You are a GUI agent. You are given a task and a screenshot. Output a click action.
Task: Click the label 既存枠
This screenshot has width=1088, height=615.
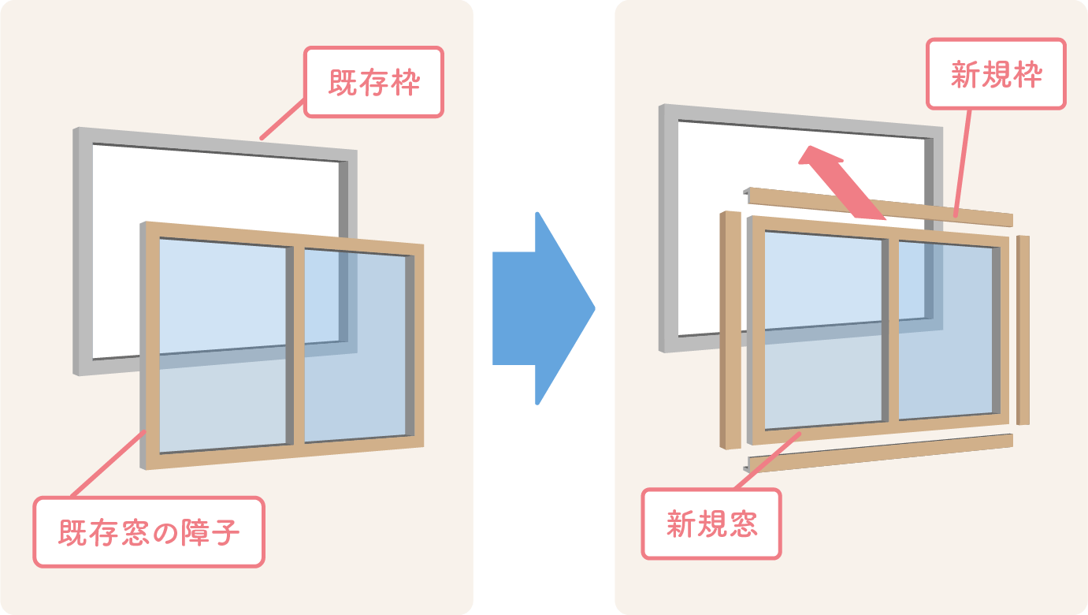[374, 83]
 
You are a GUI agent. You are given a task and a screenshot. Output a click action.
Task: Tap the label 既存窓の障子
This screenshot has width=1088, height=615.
[149, 532]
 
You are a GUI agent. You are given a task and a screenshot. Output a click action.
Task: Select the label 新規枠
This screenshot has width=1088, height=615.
[997, 74]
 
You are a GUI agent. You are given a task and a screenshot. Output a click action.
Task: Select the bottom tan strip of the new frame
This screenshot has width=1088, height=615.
[878, 453]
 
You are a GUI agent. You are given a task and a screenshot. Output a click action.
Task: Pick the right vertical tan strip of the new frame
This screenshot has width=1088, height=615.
[1023, 330]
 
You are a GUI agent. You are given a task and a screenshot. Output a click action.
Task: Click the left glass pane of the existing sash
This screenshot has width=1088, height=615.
[222, 347]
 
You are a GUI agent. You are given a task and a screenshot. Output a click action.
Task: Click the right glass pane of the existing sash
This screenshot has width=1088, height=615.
[355, 347]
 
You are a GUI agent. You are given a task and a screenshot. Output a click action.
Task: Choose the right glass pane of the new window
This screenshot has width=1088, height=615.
[945, 331]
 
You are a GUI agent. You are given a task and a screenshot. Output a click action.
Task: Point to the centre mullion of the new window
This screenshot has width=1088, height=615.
[891, 330]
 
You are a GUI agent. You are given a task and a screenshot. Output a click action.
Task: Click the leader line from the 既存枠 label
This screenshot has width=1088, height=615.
[282, 121]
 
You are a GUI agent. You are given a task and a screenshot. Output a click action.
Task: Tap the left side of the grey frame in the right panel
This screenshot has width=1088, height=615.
[668, 229]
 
